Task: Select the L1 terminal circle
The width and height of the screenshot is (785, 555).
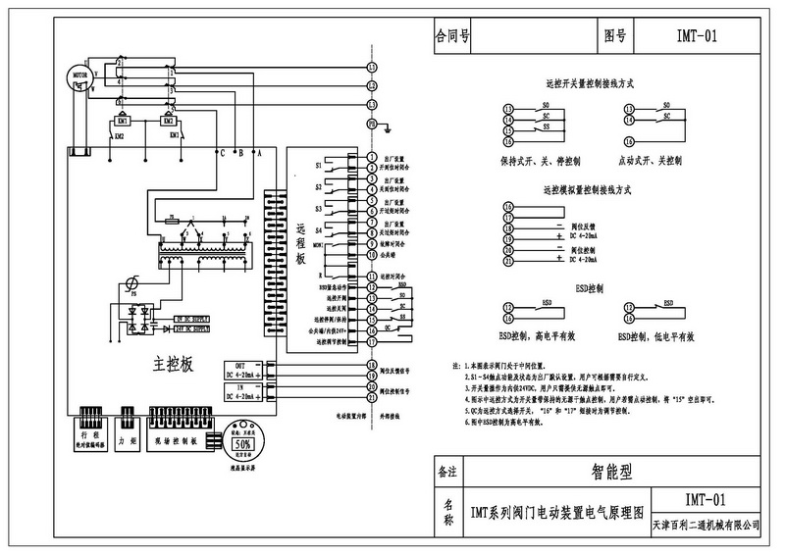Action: [372, 67]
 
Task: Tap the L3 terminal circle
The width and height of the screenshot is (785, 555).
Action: [372, 105]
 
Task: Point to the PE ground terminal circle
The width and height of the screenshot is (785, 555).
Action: [372, 125]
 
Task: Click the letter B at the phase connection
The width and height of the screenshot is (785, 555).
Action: [239, 153]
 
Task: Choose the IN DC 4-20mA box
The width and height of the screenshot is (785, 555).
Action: [246, 392]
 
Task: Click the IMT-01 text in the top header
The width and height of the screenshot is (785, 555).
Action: [699, 37]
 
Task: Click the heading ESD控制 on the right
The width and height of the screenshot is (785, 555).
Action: [588, 291]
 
